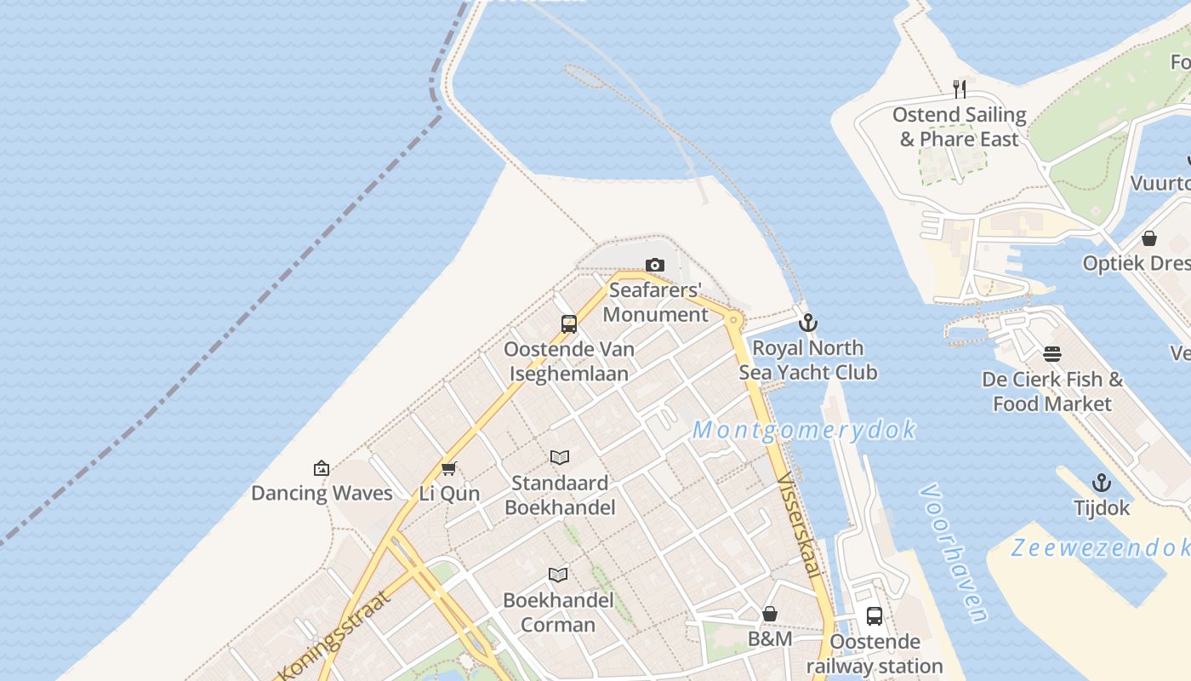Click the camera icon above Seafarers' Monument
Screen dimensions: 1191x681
(654, 265)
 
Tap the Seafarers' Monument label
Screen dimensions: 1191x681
(656, 302)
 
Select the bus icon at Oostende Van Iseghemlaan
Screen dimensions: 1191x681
(569, 323)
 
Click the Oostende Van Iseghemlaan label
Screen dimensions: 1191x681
(569, 361)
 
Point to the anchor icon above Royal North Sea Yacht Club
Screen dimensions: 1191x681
(808, 323)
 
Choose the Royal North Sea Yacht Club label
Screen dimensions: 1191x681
(807, 360)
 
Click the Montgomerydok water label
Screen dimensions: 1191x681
(804, 430)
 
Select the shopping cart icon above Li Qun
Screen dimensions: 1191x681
(449, 468)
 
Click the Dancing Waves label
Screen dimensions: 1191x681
(322, 493)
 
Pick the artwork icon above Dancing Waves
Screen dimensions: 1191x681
(322, 468)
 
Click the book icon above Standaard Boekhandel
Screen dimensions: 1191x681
(559, 458)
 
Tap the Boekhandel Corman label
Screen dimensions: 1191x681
(558, 612)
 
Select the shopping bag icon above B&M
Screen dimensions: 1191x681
(770, 614)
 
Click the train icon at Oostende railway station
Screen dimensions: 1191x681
(875, 616)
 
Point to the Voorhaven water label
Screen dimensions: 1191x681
(954, 552)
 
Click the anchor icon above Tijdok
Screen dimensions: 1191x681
(1102, 483)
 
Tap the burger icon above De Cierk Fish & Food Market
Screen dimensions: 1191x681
(1052, 354)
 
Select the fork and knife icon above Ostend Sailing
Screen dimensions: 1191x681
(960, 89)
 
